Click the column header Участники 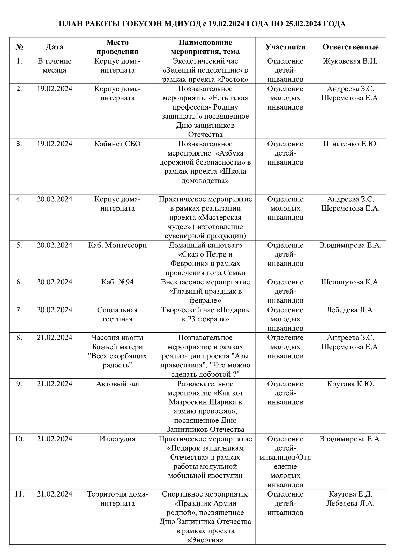285,47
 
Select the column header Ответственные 350,47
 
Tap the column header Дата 54,47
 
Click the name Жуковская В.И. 350,61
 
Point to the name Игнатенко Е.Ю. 350,144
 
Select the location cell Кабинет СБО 117,144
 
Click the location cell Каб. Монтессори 117,245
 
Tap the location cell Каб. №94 117,282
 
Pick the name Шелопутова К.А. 350,282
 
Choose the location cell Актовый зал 117,384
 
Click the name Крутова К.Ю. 350,384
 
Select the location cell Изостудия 117,439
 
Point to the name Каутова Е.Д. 350,494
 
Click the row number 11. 19,494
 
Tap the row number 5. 19,245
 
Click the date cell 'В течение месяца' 54,66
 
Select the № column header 19,47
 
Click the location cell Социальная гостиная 117,314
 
